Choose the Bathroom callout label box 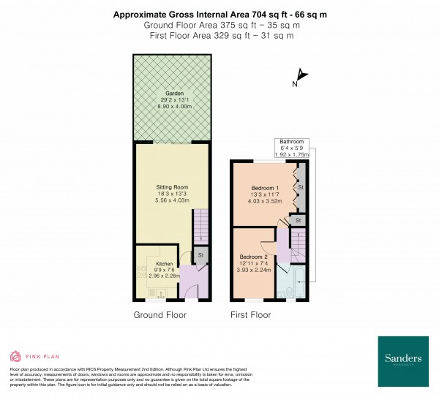[x=292, y=147]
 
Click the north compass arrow [x=301, y=76]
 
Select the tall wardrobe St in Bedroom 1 [x=299, y=187]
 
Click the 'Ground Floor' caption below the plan [x=160, y=315]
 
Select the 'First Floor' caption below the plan [x=251, y=315]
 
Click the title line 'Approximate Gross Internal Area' [x=219, y=14]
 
